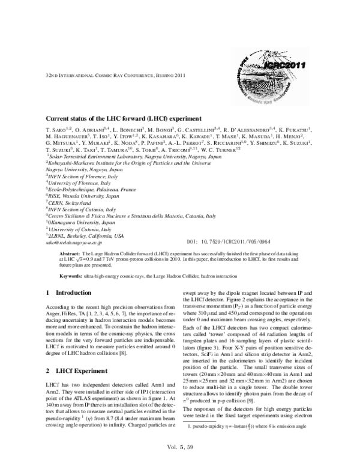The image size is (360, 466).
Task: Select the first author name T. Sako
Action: point(58,129)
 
